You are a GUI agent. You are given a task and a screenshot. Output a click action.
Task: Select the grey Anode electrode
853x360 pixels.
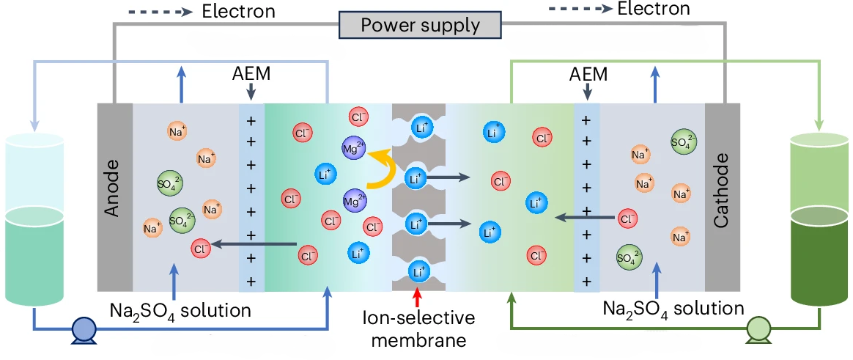114,196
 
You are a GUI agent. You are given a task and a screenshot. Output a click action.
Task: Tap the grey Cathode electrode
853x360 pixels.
722,196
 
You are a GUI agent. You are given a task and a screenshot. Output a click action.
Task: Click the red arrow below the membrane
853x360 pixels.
418,298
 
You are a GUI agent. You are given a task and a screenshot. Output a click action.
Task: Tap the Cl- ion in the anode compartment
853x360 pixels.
201,247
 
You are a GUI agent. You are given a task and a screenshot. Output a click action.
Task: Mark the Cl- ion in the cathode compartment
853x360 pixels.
627,218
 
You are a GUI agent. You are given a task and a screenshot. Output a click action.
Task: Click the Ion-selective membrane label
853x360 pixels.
418,329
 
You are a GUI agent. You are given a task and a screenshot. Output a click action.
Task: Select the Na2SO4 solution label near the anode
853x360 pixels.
180,310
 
